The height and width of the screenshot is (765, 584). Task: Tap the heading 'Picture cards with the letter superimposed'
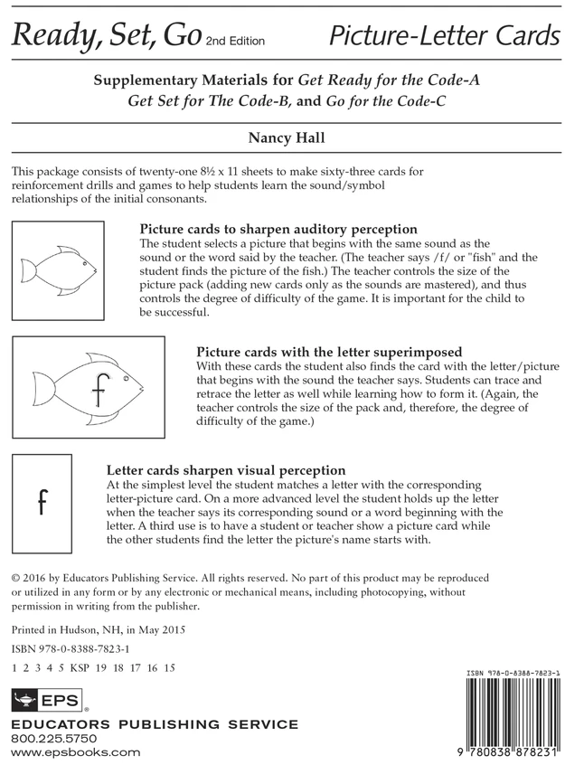point(329,352)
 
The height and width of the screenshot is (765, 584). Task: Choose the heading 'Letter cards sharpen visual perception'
point(226,470)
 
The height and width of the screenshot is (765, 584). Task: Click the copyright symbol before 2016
point(14,577)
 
